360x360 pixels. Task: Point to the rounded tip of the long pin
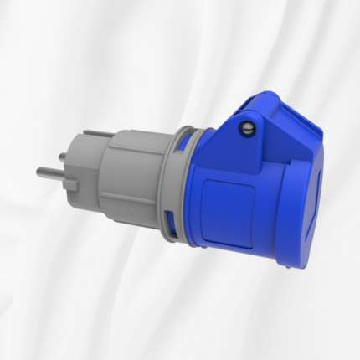click(39, 172)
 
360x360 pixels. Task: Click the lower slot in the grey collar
click(172, 222)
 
